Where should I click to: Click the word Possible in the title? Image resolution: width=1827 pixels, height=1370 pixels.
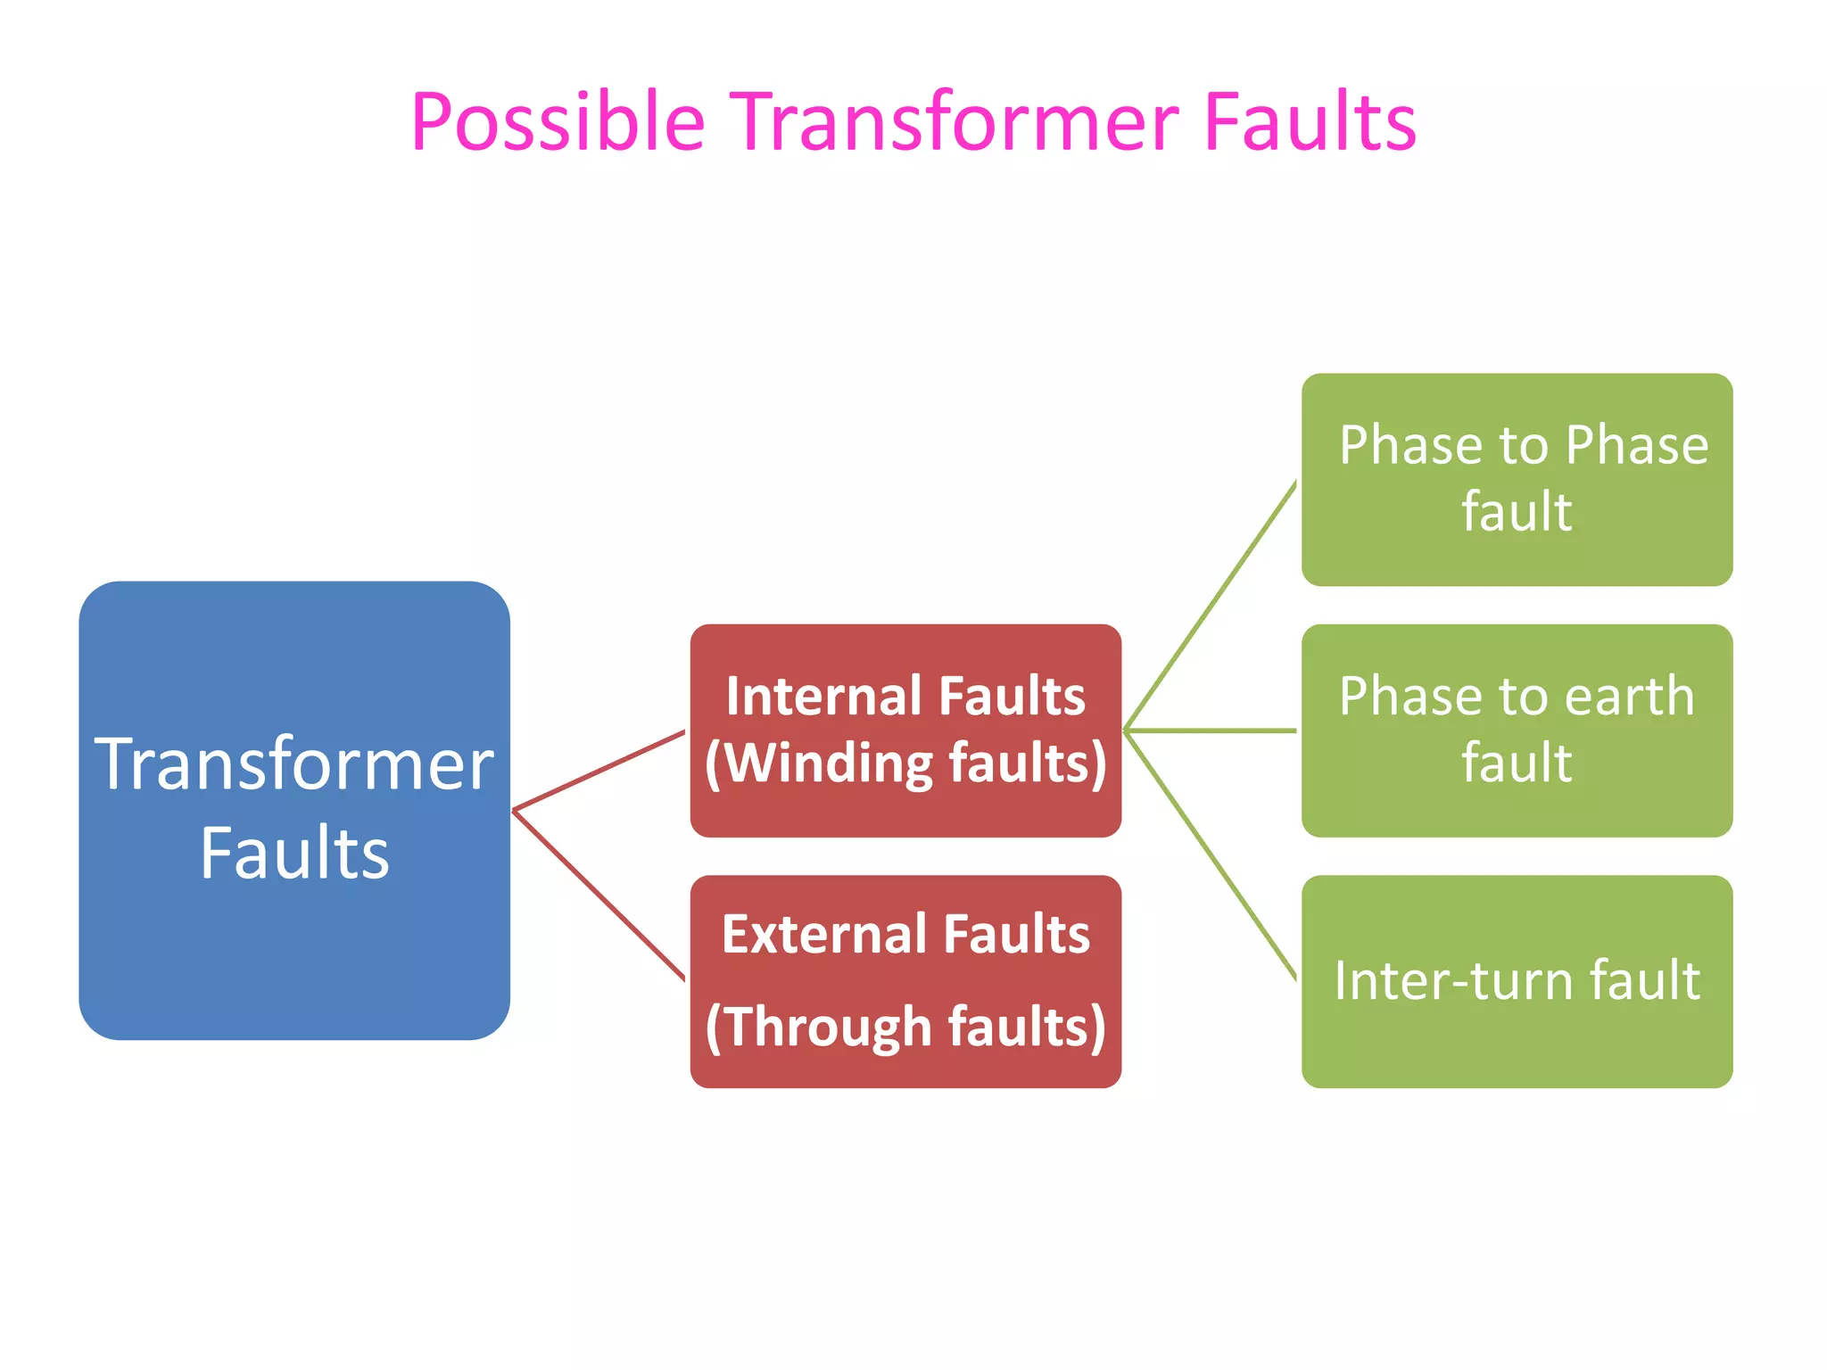click(x=558, y=122)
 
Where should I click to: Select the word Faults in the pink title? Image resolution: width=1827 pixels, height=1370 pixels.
click(x=1309, y=122)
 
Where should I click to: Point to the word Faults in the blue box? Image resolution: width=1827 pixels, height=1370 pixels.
click(x=294, y=854)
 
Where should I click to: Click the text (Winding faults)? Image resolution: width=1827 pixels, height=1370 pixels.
click(x=905, y=764)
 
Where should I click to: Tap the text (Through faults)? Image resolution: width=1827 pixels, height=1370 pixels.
click(x=905, y=1027)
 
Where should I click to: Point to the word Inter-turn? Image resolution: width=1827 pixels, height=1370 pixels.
click(x=1454, y=981)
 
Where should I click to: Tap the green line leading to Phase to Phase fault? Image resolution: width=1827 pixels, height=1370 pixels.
click(x=1211, y=607)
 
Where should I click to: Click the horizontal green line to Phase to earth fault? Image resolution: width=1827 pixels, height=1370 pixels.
click(x=1211, y=730)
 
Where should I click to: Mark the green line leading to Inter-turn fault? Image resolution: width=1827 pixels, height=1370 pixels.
click(x=1211, y=854)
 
